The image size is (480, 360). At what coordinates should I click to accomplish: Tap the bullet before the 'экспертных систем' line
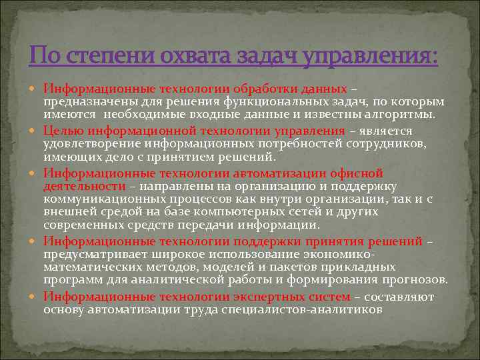coord(36,297)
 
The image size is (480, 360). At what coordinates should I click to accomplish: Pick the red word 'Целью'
coord(62,131)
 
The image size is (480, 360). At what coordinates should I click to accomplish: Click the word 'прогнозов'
coord(414,280)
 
